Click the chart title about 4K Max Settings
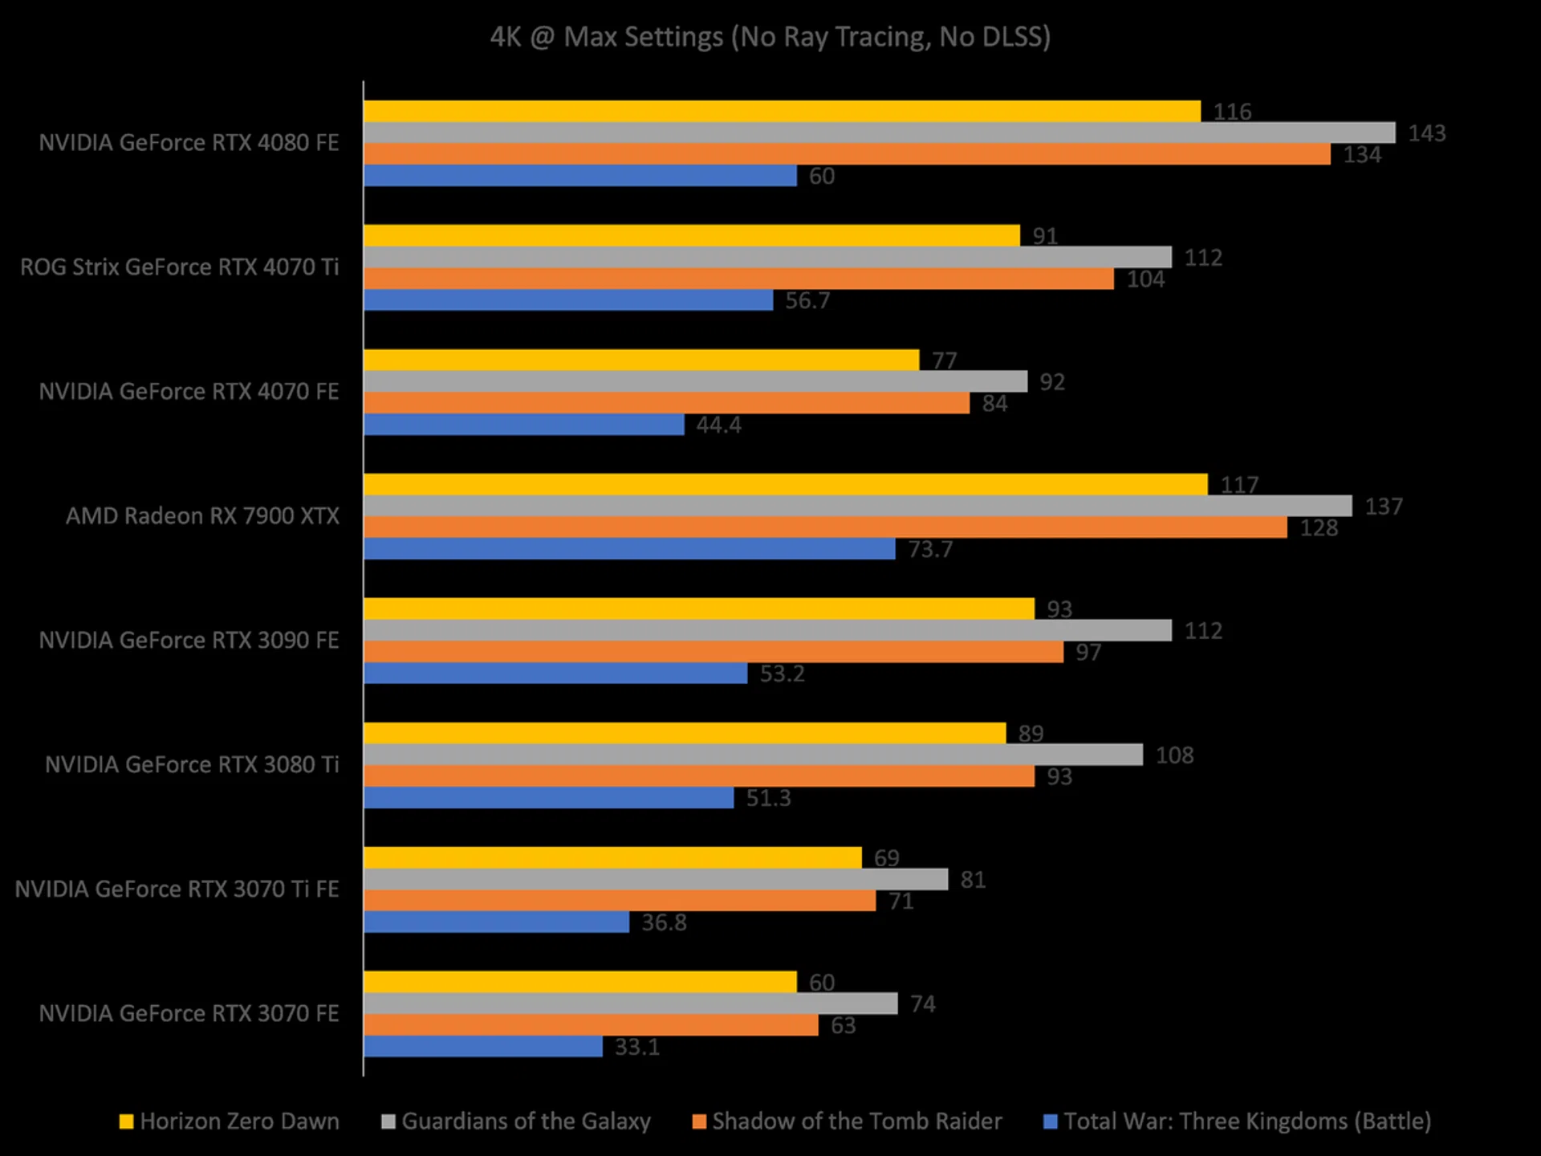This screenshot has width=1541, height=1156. point(770,37)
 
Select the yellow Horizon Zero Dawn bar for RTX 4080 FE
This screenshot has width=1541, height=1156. point(782,112)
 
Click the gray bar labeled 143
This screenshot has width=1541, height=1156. point(879,133)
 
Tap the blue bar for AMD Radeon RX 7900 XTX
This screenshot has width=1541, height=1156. point(629,549)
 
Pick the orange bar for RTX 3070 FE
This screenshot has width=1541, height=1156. point(591,1025)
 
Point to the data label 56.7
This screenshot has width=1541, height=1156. point(807,301)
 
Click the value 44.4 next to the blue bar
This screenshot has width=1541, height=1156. point(718,425)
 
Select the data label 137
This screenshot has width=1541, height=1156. point(1384,507)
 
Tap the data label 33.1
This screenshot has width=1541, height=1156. point(637,1048)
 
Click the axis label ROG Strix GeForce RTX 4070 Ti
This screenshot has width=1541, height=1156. point(180,267)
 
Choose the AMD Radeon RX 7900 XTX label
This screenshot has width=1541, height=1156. point(202,516)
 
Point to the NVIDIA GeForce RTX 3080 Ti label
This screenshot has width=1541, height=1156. point(192,765)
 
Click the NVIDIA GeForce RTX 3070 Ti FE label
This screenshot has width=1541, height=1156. point(177,889)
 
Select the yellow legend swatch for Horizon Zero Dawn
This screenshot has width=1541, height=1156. point(126,1122)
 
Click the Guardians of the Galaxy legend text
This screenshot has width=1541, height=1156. point(526,1121)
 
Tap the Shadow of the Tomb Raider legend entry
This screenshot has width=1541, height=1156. point(856,1121)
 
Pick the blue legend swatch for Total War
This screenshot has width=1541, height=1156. point(1050,1122)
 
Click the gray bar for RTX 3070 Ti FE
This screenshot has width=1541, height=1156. point(656,880)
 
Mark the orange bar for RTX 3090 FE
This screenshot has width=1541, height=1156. point(714,652)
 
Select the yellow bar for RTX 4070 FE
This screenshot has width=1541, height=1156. point(641,360)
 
